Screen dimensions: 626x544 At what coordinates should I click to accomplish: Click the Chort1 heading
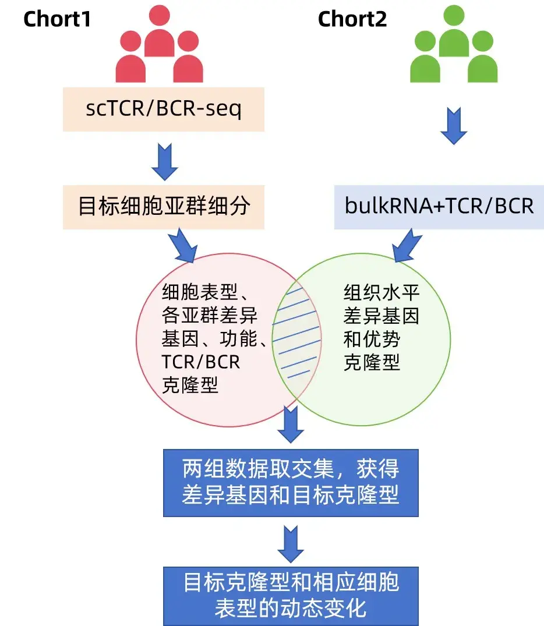pyautogui.click(x=57, y=19)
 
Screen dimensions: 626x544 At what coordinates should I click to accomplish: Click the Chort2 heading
pyautogui.click(x=352, y=19)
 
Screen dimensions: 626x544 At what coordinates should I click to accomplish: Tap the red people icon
pyautogui.click(x=159, y=45)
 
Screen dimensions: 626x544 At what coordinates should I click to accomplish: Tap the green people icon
pyautogui.click(x=454, y=45)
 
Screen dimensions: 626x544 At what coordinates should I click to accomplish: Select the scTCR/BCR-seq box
pyautogui.click(x=163, y=109)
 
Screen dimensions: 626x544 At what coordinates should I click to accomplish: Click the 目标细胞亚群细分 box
pyautogui.click(x=163, y=207)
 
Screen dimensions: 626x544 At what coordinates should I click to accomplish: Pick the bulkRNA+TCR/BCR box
pyautogui.click(x=439, y=207)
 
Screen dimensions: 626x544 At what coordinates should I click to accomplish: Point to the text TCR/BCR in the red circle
pyautogui.click(x=200, y=362)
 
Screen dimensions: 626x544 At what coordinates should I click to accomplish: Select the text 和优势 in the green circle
pyautogui.click(x=372, y=339)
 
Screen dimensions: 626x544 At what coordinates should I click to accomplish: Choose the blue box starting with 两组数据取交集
pyautogui.click(x=291, y=483)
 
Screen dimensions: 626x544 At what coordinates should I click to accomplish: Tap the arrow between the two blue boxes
pyautogui.click(x=291, y=543)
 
